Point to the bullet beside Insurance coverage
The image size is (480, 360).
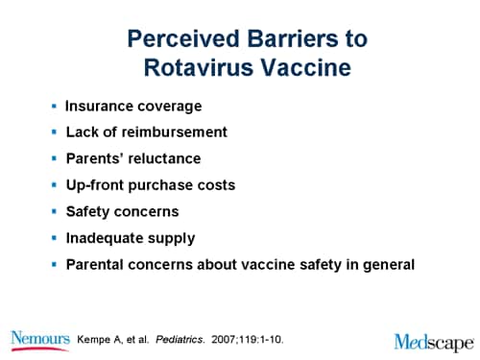point(54,104)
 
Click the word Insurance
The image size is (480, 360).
point(99,105)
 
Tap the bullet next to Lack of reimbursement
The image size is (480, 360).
point(54,131)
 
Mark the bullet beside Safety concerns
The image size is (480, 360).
point(54,210)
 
